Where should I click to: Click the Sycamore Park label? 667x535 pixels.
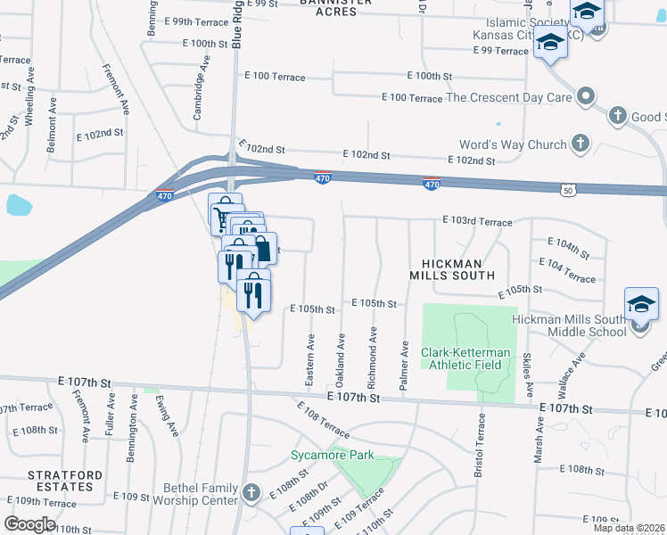(331, 455)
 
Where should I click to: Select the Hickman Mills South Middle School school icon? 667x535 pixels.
(641, 305)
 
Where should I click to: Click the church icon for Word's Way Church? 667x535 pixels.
(581, 144)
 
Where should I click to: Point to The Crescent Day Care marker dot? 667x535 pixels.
(586, 95)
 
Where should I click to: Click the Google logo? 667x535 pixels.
(29, 524)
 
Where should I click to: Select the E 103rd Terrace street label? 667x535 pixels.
(477, 221)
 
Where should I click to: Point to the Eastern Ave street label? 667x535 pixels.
(309, 359)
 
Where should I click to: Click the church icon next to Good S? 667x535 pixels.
(617, 116)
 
